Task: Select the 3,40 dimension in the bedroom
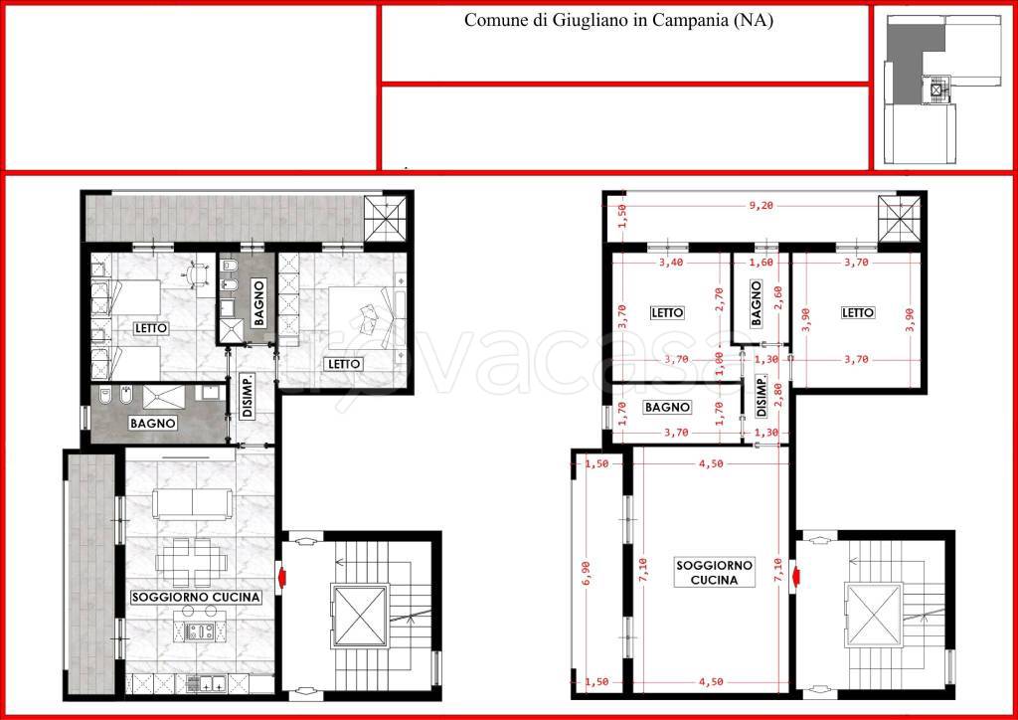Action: coord(672,263)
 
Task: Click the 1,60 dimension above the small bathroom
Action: coord(763,263)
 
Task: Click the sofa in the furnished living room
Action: coord(192,504)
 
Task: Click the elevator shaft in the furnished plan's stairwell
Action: coord(359,617)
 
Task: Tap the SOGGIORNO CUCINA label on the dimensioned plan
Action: coord(714,573)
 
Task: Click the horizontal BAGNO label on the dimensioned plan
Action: coord(667,408)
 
